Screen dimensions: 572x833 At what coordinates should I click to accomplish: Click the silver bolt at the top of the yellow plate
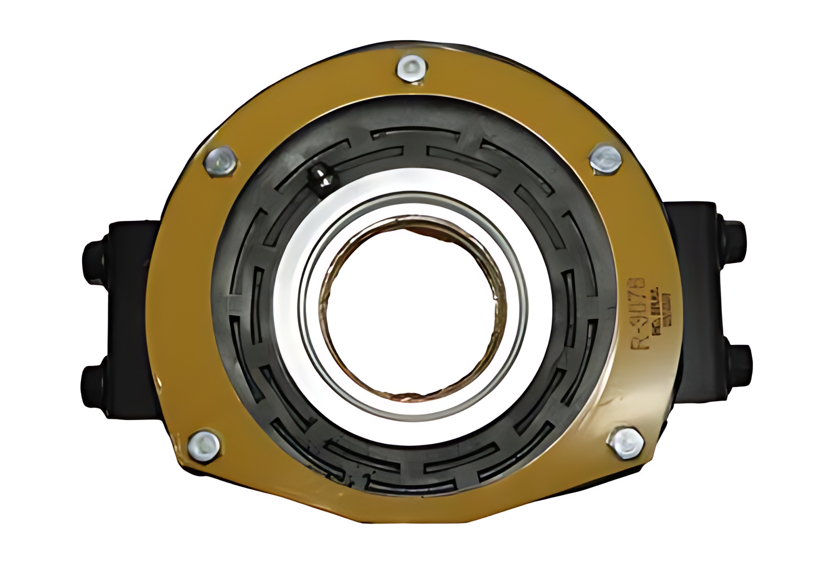tap(411, 69)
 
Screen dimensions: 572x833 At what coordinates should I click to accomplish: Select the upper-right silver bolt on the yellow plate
tap(606, 158)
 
